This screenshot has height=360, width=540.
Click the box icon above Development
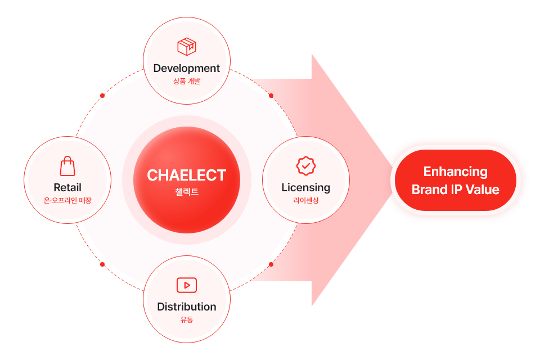pyautogui.click(x=187, y=47)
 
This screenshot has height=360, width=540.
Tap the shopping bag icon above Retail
pyautogui.click(x=67, y=166)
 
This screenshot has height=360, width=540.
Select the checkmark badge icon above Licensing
pyautogui.click(x=306, y=166)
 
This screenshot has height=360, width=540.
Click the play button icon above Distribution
pyautogui.click(x=187, y=285)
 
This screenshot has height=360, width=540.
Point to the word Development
pyautogui.click(x=187, y=68)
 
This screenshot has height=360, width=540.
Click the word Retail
pyautogui.click(x=67, y=187)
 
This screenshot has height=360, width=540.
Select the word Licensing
pyautogui.click(x=306, y=188)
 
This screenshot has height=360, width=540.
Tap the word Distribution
pyautogui.click(x=187, y=307)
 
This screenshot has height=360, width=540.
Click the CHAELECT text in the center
pyautogui.click(x=187, y=175)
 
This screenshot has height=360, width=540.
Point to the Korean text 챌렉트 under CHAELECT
pyautogui.click(x=187, y=192)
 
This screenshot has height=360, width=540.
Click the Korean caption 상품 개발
pyautogui.click(x=187, y=82)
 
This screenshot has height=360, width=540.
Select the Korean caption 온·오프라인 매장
pyautogui.click(x=67, y=200)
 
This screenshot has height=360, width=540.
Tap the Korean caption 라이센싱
pyautogui.click(x=306, y=200)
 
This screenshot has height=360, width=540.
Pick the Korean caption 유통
pyautogui.click(x=187, y=319)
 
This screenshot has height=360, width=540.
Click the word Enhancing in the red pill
pyautogui.click(x=455, y=172)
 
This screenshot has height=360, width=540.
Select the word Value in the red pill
pyautogui.click(x=483, y=190)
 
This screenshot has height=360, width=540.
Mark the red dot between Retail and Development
pyautogui.click(x=102, y=96)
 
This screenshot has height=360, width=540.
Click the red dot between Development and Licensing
pyautogui.click(x=271, y=96)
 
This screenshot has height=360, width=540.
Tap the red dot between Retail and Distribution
pyautogui.click(x=102, y=264)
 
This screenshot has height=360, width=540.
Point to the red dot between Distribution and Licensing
pyautogui.click(x=271, y=264)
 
